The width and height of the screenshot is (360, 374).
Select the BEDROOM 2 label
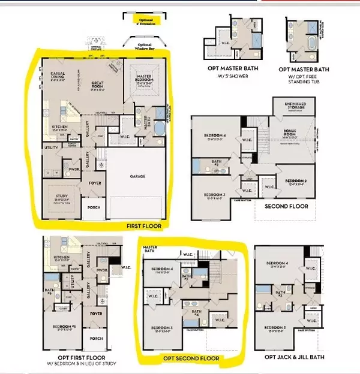point(296,182)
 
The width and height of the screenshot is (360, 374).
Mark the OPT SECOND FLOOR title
point(191,359)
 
